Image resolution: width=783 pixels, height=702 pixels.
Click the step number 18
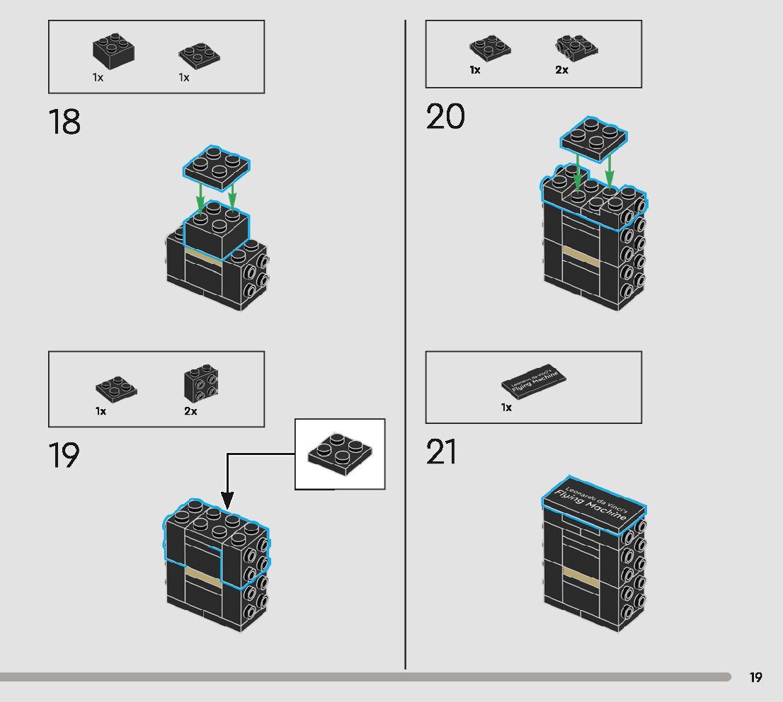pyautogui.click(x=64, y=122)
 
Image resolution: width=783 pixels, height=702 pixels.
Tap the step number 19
pyautogui.click(x=64, y=456)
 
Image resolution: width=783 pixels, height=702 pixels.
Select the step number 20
pyautogui.click(x=445, y=117)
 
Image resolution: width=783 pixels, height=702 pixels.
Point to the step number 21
pyautogui.click(x=441, y=453)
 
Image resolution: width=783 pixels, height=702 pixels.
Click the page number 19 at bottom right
pyautogui.click(x=755, y=677)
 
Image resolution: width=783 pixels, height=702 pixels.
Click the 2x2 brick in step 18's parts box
pyautogui.click(x=113, y=49)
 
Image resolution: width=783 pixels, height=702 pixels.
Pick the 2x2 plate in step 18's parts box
pyautogui.click(x=199, y=54)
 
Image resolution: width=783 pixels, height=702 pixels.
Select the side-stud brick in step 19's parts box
pyautogui.click(x=201, y=384)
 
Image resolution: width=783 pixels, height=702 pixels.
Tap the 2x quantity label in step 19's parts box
pyautogui.click(x=190, y=411)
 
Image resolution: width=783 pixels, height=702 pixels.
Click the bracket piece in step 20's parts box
pyautogui.click(x=576, y=47)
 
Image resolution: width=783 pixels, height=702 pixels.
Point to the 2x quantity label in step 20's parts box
pyautogui.click(x=561, y=70)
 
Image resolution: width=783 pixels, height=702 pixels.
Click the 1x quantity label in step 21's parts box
pyautogui.click(x=506, y=408)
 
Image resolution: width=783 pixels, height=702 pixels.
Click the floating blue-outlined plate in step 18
pyautogui.click(x=217, y=164)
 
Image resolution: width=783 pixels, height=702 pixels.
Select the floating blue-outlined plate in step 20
pyautogui.click(x=593, y=134)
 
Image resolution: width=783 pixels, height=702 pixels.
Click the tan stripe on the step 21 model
pyautogui.click(x=581, y=577)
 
